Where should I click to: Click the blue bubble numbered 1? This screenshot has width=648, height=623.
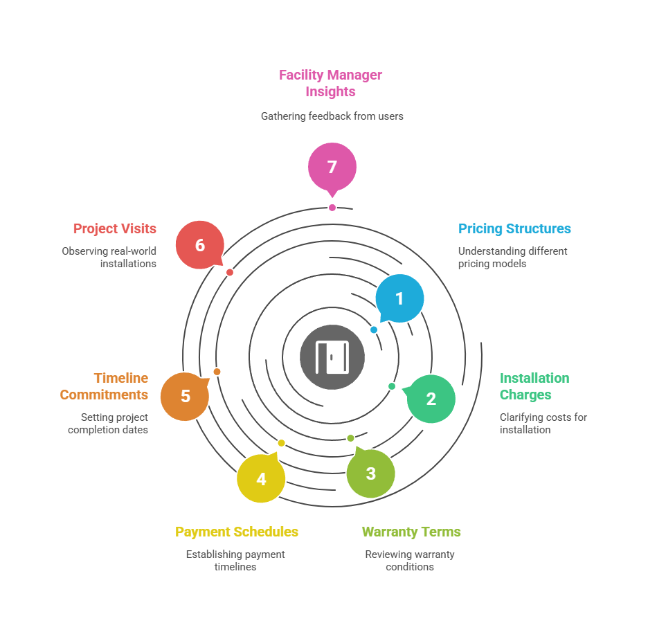point(399,298)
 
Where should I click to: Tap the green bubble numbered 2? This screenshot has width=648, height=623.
point(431,399)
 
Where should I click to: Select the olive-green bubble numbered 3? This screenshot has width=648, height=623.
point(370,473)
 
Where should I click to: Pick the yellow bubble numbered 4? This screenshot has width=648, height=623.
point(261,478)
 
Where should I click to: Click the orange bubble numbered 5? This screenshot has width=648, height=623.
point(185,396)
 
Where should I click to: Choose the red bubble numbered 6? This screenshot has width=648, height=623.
point(200,244)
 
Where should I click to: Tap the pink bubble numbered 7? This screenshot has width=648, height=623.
point(332,167)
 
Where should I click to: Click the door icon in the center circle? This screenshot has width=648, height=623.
point(332,357)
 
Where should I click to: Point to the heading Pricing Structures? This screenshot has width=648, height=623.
point(514,228)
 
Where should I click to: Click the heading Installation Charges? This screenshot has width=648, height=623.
point(534,386)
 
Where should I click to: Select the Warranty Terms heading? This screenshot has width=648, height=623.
point(411,532)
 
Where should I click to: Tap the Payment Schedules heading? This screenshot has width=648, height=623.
point(237,532)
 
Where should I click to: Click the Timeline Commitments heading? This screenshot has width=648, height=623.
point(105,386)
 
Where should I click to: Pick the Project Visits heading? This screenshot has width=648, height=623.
point(115,228)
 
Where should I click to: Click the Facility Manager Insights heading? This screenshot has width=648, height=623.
point(331,83)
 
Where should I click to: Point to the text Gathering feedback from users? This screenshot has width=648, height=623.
point(332,116)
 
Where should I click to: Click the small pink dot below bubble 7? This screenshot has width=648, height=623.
point(332,208)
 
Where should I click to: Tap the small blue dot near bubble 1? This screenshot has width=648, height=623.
point(374,330)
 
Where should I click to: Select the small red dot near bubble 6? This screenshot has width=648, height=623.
point(230,273)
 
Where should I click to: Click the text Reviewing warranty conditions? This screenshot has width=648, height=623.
point(410,560)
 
